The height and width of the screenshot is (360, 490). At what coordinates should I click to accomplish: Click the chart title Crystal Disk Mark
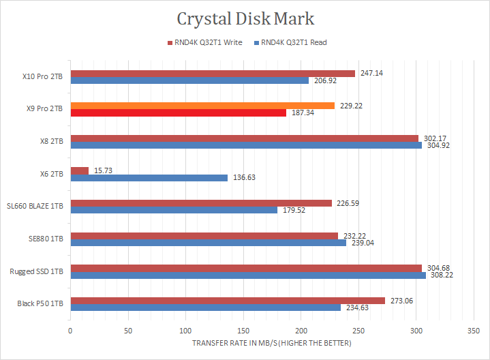(245, 18)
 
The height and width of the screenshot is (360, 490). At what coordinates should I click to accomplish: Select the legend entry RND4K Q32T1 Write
(206, 43)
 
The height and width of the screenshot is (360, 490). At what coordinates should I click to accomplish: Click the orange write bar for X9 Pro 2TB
(202, 106)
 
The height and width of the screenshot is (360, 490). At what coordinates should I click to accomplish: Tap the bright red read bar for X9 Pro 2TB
(178, 113)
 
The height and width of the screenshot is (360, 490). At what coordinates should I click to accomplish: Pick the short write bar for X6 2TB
(79, 170)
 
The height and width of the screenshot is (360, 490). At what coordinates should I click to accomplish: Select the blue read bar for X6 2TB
(149, 178)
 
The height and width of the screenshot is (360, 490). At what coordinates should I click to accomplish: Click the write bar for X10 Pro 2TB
(213, 74)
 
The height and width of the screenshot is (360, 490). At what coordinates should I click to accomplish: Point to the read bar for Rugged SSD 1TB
(248, 275)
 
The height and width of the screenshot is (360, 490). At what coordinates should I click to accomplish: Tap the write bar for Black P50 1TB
(228, 301)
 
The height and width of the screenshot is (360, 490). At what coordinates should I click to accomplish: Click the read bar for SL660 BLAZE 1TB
(174, 210)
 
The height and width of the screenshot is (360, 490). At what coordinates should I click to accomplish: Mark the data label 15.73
(102, 170)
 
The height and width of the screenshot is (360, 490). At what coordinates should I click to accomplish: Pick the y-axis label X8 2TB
(51, 141)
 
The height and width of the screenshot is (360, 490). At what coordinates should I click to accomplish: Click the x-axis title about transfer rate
(272, 343)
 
